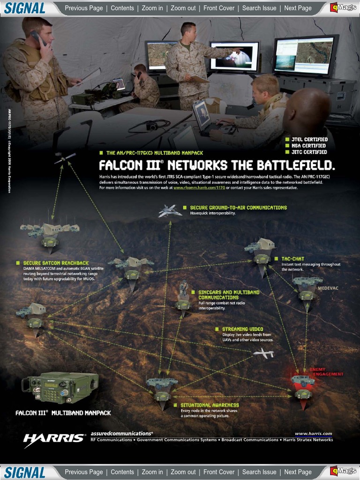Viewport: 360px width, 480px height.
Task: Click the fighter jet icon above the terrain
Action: coord(170,211)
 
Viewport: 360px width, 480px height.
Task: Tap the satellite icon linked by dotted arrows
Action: coord(65,159)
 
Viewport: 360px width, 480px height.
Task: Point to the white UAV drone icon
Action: coord(263,354)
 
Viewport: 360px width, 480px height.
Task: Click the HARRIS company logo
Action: coord(54,438)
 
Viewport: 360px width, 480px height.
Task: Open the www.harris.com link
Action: coord(313,434)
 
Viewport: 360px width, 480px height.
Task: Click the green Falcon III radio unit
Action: coord(61,388)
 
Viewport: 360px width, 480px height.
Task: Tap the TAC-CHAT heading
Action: coord(292,259)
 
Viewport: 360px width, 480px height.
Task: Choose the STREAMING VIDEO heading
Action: coord(242,329)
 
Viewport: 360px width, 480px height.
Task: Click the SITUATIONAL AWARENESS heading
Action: coord(210,405)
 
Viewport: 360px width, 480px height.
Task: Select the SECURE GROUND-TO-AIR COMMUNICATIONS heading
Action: coord(238,207)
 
